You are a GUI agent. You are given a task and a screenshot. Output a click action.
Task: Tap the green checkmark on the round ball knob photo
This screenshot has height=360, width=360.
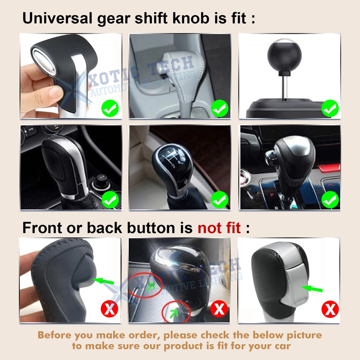pyautogui.click(x=330, y=109)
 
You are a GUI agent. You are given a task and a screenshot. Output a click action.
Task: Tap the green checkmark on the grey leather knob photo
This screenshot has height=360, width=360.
pyautogui.click(x=220, y=109)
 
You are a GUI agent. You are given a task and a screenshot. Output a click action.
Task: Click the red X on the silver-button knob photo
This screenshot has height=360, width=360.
pyautogui.click(x=330, y=309)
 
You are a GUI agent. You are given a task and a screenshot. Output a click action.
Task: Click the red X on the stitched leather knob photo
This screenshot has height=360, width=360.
pyautogui.click(x=109, y=309)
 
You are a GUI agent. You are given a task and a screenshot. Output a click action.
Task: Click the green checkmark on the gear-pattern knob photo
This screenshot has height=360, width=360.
pyautogui.click(x=220, y=200)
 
